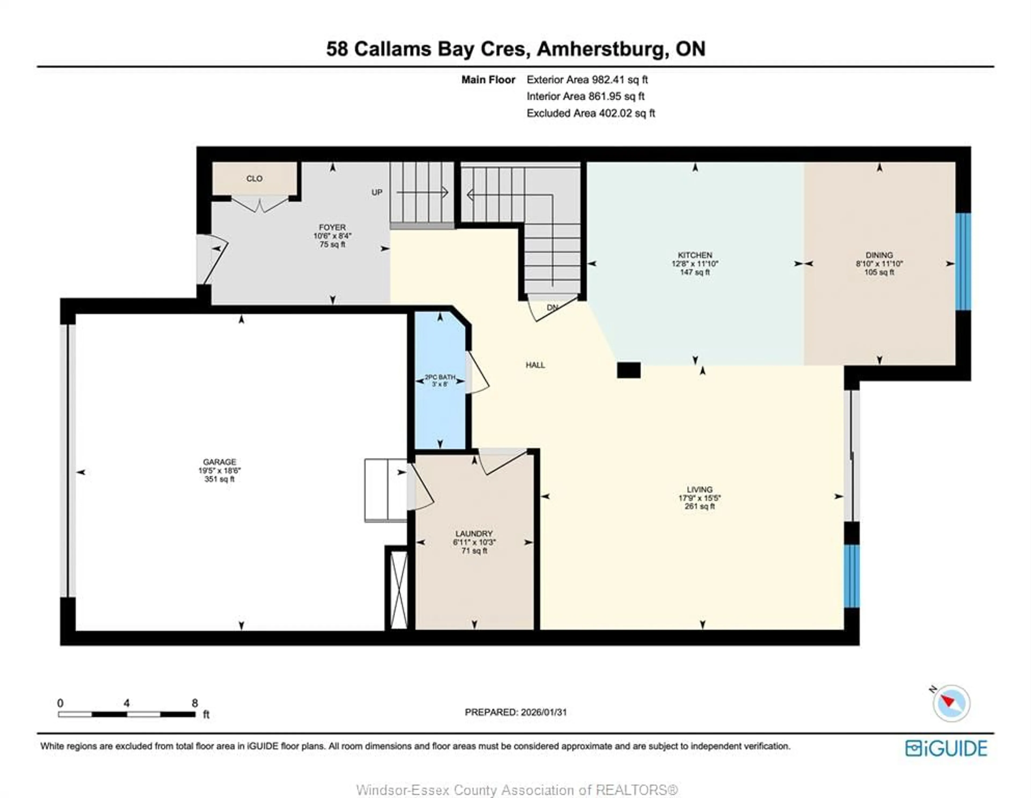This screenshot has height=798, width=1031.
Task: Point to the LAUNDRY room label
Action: (474, 533)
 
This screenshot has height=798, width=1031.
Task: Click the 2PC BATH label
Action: (440, 377)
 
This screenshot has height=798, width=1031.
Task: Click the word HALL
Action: (535, 365)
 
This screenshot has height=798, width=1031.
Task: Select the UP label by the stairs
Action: (377, 192)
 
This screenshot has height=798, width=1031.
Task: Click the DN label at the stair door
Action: (552, 307)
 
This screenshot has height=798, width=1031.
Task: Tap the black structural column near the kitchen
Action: (629, 370)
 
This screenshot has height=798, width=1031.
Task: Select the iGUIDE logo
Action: (946, 748)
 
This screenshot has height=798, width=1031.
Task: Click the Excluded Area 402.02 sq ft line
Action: (591, 113)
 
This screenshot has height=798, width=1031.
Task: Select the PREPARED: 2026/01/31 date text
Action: (515, 712)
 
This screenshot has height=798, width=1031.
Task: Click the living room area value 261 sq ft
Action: (700, 506)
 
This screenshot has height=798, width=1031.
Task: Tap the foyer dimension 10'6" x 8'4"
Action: (332, 236)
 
